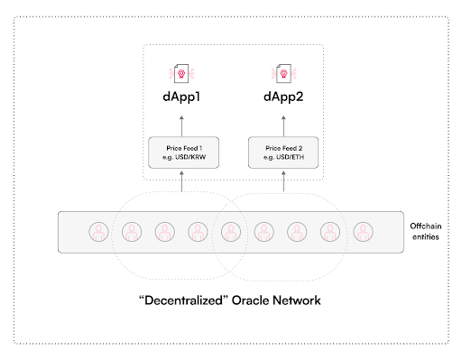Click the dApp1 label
182,95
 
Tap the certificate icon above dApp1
182,73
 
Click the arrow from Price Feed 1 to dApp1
182,123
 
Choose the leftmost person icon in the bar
97,232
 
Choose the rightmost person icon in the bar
362,232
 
